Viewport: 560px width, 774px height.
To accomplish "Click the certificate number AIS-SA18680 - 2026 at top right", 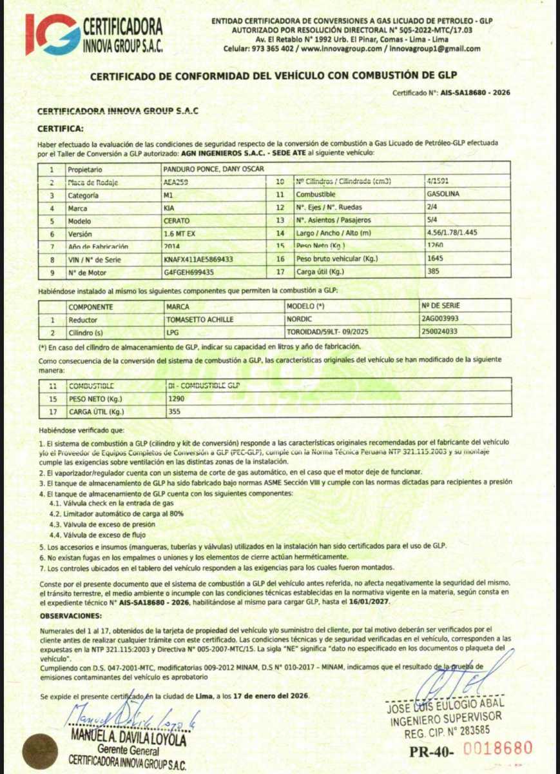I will point(476,93).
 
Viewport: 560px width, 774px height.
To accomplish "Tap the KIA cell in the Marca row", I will point(169,208).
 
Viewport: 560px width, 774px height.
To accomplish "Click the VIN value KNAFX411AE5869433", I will point(198,259).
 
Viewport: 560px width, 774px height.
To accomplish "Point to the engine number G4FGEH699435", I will point(189,272).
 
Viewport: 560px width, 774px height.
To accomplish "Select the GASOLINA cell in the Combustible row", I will point(443,194).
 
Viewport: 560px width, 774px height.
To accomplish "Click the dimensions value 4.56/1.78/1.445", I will point(449,233).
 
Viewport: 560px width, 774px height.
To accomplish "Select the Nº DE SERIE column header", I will point(441,306).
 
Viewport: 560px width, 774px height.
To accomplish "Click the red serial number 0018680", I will point(498,749).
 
